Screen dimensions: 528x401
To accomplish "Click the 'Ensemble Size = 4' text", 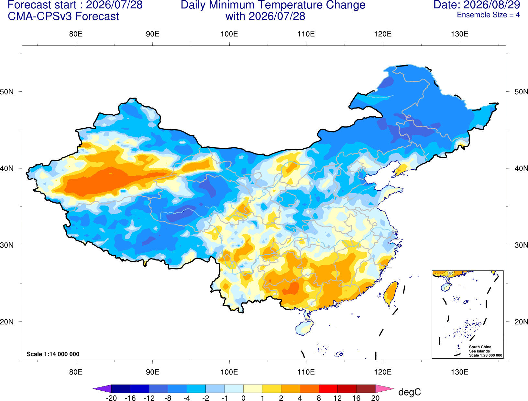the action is click(488, 15).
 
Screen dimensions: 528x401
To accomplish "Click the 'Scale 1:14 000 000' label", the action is click(53, 354).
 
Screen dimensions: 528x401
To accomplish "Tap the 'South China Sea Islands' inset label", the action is click(480, 349).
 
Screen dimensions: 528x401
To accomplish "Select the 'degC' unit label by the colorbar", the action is click(409, 392).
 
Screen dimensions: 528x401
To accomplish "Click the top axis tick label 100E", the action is click(229, 34).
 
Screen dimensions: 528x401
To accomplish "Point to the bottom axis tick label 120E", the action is click(383, 372).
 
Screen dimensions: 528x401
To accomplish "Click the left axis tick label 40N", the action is click(7, 168).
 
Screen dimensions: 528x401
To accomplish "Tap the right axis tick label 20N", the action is click(521, 322).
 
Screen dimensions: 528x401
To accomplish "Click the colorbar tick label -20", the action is click(111, 398).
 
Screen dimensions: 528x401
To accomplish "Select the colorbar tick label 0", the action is click(243, 398).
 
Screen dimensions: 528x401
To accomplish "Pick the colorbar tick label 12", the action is click(337, 398).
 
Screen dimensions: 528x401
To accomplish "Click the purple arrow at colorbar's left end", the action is click(102, 389).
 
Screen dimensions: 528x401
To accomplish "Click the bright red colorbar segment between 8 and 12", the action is click(328, 389).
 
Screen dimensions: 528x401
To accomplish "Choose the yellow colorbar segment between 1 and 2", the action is click(271, 389).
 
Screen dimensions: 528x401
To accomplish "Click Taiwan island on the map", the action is click(390, 294).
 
